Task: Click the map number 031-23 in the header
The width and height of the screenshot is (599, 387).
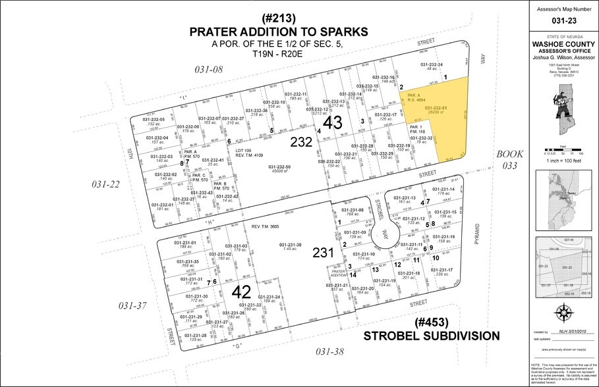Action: pos(564,20)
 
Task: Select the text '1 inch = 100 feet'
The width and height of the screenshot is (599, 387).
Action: pos(564,161)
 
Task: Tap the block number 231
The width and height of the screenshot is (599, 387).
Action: pos(324,251)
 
